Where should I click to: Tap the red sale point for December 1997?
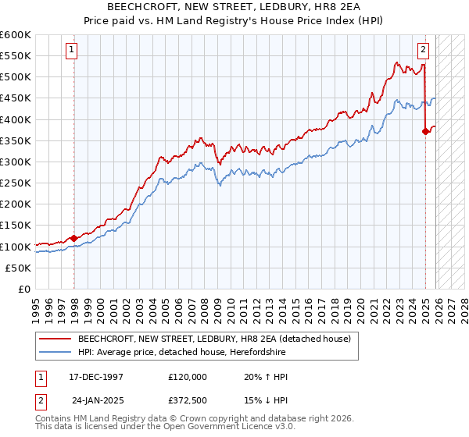click(73, 238)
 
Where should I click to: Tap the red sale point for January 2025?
click(425, 131)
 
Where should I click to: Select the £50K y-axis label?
click(19, 268)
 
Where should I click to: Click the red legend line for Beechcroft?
click(54, 339)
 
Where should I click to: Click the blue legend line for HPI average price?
click(54, 353)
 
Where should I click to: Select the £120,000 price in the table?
click(188, 376)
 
